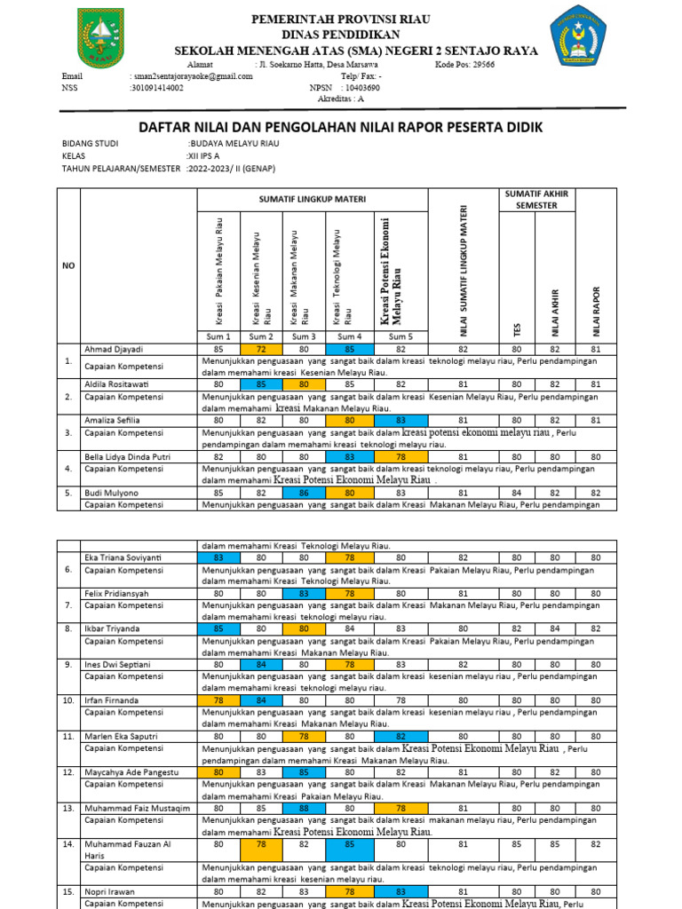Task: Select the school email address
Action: click(191, 76)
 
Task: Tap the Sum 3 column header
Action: click(304, 336)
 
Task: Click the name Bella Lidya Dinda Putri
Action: click(128, 455)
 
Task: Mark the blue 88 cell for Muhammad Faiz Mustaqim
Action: click(304, 809)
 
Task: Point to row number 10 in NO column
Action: click(68, 700)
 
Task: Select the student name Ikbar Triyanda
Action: click(112, 628)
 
